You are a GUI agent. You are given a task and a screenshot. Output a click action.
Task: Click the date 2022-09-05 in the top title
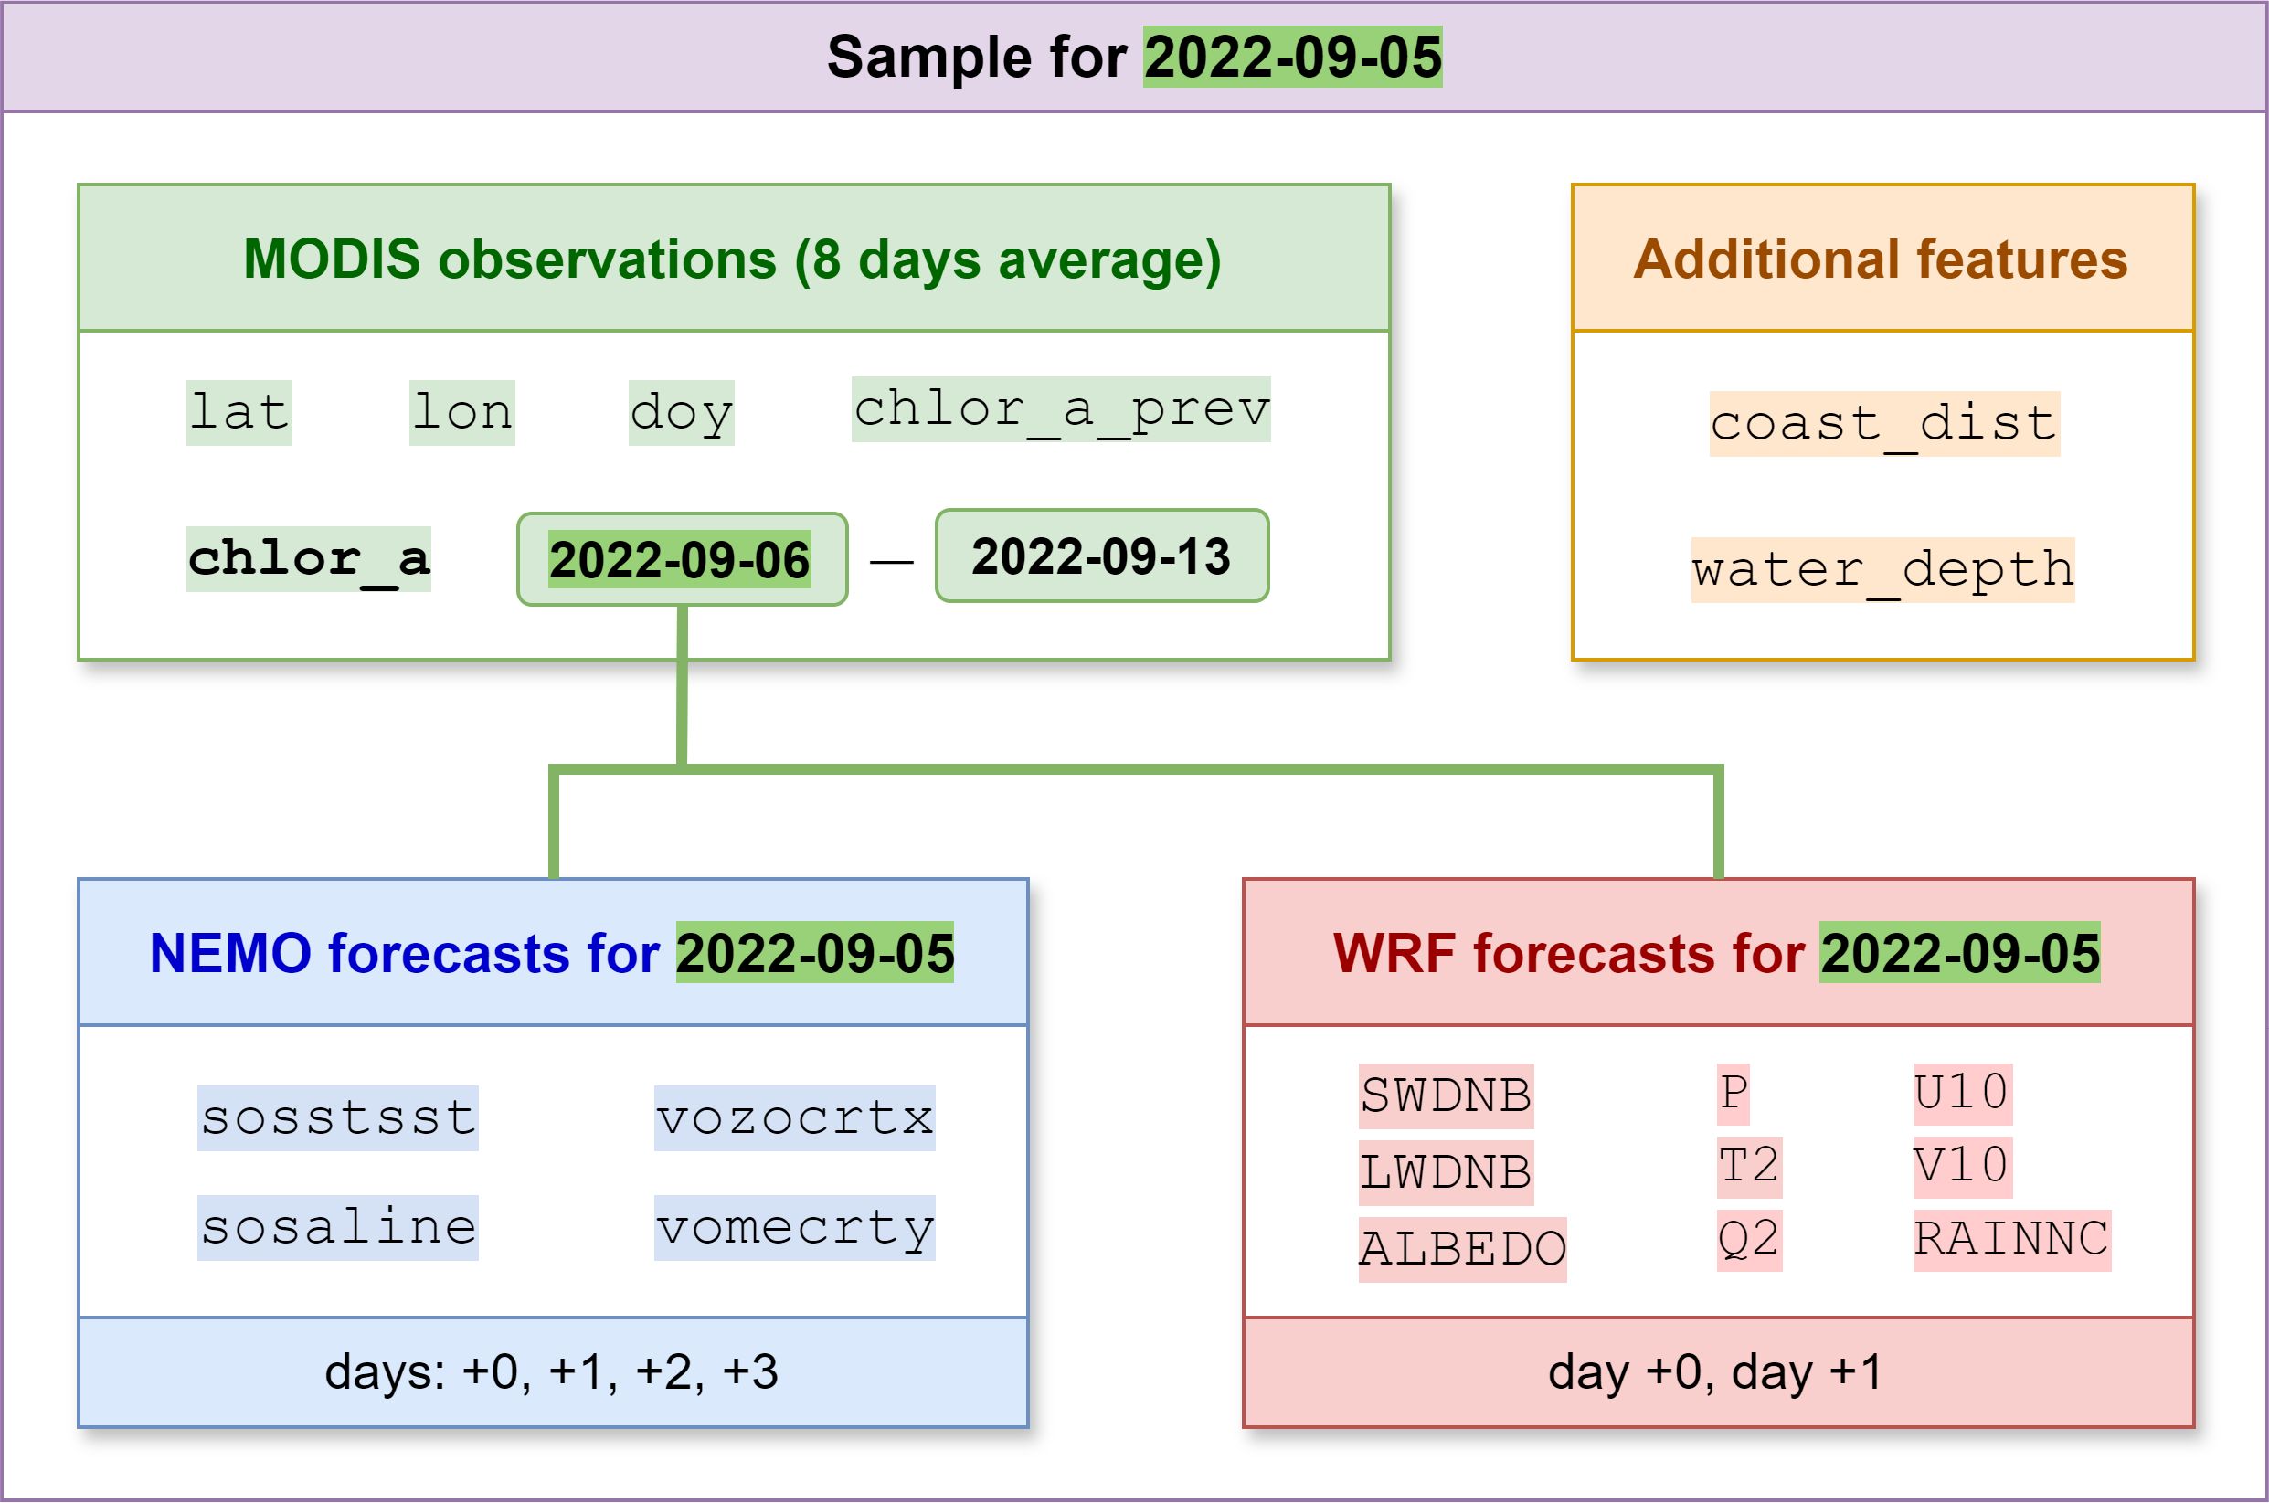point(1292,58)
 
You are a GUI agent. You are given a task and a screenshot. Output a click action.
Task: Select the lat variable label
point(239,413)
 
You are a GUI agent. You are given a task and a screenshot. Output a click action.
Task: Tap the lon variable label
point(462,413)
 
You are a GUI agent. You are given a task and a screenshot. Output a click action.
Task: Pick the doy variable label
point(682,413)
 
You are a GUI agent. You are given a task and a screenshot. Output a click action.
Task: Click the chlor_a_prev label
point(1061,409)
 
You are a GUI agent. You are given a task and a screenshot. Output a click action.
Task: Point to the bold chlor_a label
point(309,559)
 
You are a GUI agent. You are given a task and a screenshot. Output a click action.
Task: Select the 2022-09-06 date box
point(683,559)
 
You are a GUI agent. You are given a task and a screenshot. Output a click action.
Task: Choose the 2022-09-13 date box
point(1102,556)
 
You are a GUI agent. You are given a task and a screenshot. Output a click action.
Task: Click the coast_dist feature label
point(1884,424)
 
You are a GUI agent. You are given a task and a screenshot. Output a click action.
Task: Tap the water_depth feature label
point(1882,570)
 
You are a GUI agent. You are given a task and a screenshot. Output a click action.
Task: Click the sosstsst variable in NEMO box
point(337,1117)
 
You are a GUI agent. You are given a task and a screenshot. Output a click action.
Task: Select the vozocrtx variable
point(795,1117)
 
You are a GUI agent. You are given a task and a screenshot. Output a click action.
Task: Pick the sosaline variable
point(337,1227)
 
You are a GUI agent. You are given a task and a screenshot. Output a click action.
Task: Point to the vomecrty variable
point(795,1227)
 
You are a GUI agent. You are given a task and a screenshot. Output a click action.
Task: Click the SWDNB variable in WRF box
point(1447,1095)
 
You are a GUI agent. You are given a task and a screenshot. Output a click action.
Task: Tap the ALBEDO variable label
point(1463,1249)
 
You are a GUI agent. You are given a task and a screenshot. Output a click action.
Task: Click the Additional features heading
point(1881,259)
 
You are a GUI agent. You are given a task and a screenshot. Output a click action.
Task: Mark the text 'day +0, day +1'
point(1715,1371)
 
